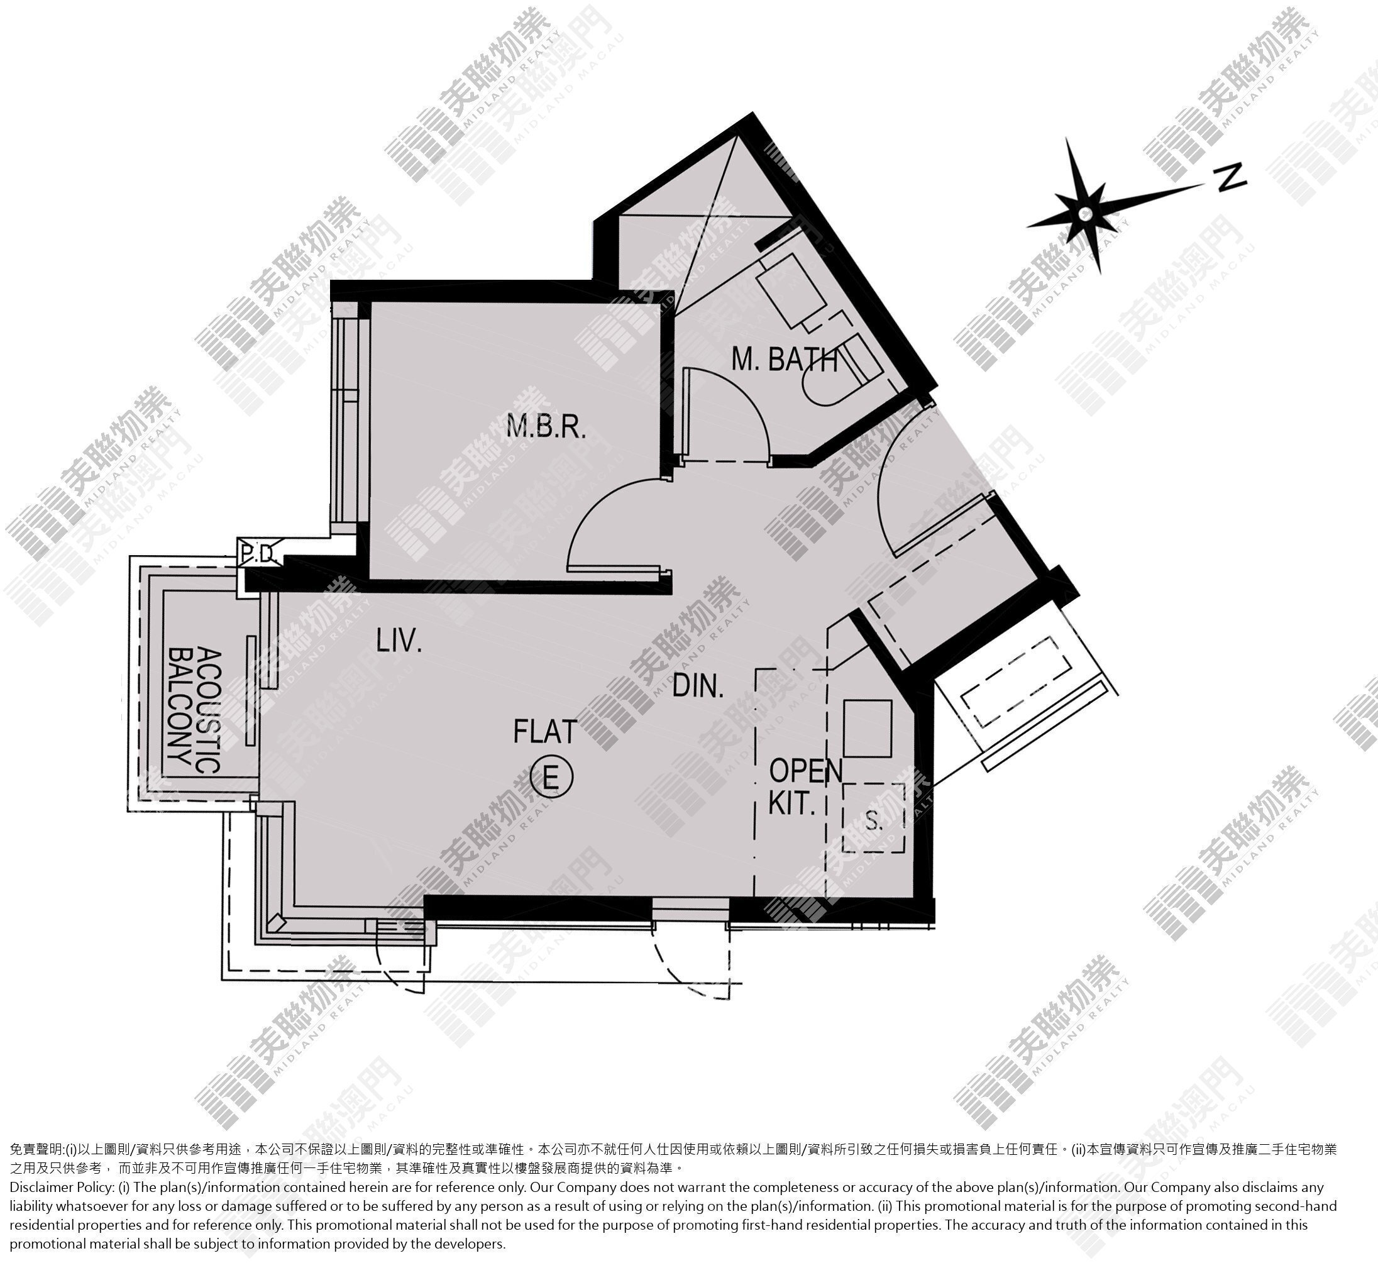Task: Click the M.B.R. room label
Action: point(546,426)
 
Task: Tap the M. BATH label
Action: point(785,359)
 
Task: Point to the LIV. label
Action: point(399,641)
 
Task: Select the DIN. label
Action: point(698,685)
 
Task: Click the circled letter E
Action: point(551,776)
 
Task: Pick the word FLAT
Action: point(546,731)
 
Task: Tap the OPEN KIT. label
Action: point(805,786)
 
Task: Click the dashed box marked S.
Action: point(874,818)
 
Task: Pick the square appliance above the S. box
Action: point(868,728)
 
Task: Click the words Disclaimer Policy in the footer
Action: point(62,1187)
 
